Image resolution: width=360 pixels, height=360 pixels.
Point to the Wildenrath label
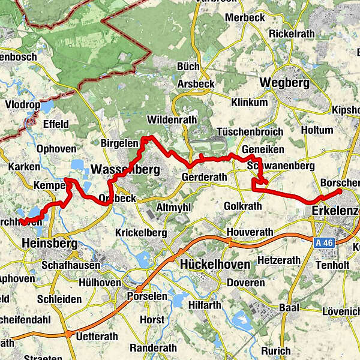[171, 119]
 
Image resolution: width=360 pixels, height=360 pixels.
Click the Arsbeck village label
[196, 84]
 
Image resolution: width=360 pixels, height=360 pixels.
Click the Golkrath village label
[242, 206]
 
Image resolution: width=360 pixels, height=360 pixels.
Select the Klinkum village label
[249, 102]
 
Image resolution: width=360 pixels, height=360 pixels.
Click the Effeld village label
[56, 124]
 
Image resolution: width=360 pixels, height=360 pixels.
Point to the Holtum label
[316, 130]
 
